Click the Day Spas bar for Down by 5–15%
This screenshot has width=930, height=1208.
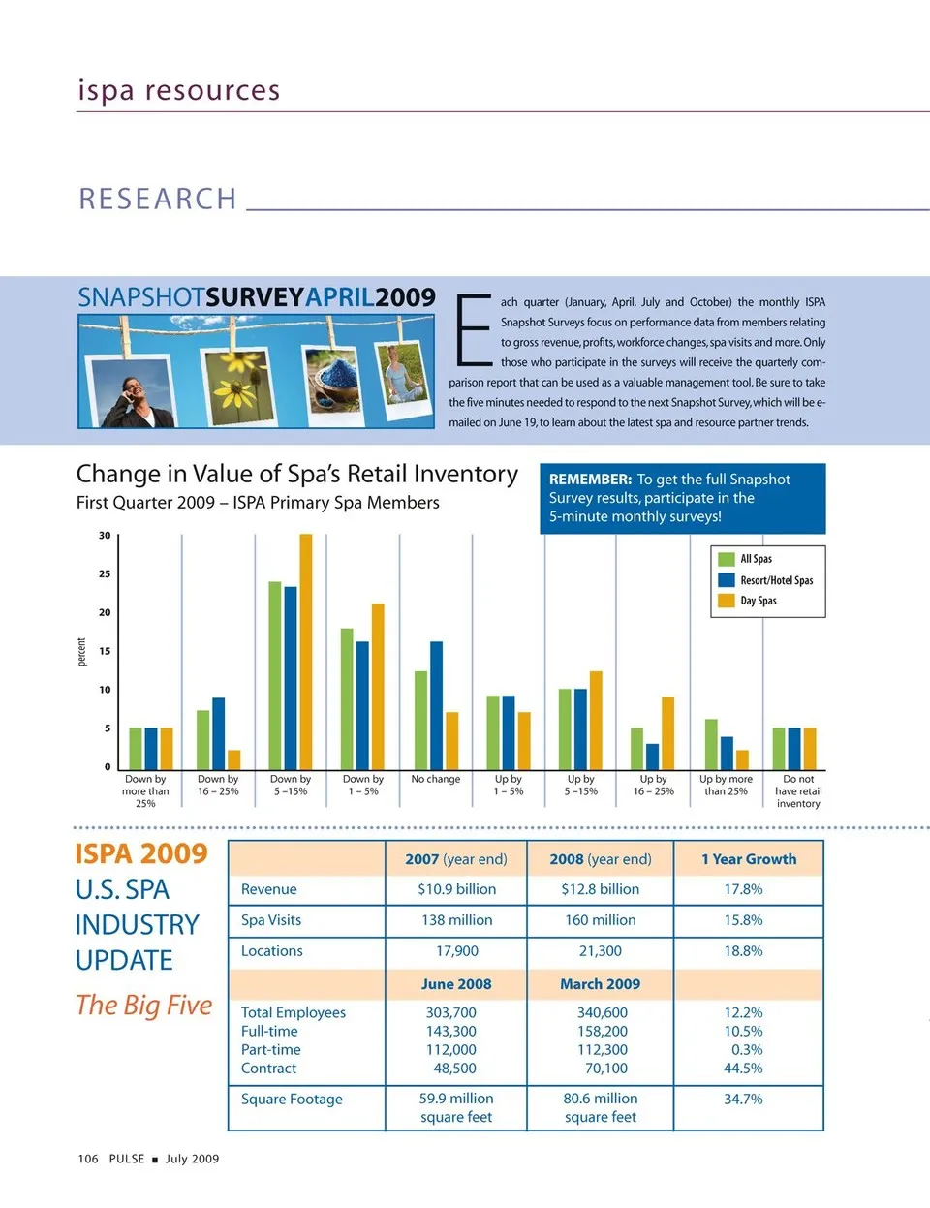coord(306,651)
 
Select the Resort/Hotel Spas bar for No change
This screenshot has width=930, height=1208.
coord(436,704)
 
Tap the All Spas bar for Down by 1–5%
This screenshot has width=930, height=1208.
coord(347,698)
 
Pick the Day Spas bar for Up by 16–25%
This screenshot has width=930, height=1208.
coord(667,732)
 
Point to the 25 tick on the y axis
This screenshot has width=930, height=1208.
coord(105,573)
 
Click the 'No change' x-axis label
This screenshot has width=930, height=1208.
coord(436,779)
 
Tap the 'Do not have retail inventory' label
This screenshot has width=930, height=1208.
coord(799,790)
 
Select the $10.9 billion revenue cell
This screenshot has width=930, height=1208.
coord(456,889)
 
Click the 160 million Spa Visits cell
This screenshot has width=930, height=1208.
coord(601,920)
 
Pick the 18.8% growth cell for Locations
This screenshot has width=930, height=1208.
coord(743,951)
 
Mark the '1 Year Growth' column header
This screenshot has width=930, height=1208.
coord(749,859)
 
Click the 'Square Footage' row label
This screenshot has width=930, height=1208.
coord(292,1099)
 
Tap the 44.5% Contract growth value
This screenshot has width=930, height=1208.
coord(743,1069)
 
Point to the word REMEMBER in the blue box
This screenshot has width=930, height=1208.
coord(590,480)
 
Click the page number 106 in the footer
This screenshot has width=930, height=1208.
coord(88,1159)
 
